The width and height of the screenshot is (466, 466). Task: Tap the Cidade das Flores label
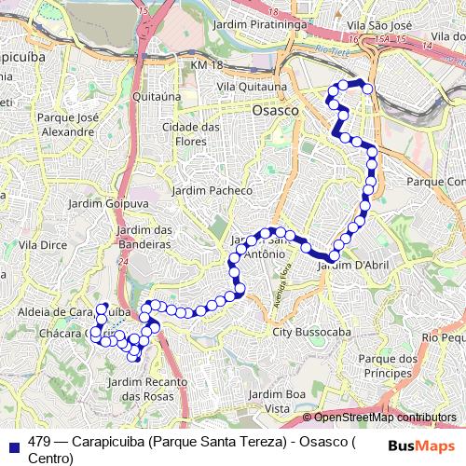pos(193,133)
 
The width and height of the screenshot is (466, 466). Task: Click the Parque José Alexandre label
pos(65,125)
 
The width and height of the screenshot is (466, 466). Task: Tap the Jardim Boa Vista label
pos(278,402)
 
